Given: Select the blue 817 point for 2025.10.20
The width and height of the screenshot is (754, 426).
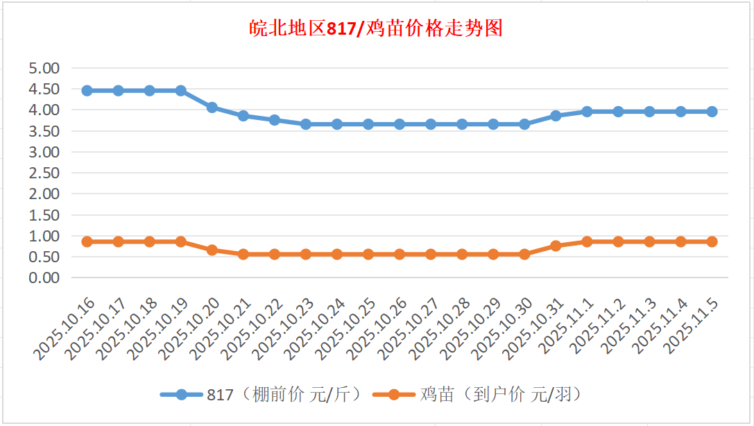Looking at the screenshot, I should (x=212, y=108).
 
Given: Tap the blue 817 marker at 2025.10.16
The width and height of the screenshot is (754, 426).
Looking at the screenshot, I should (x=87, y=91).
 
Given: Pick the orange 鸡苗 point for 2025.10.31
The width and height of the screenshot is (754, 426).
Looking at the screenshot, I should (x=556, y=246).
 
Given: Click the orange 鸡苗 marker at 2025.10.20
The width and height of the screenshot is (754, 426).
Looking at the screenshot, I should (x=212, y=250).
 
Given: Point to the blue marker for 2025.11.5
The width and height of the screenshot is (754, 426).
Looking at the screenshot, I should (x=712, y=112).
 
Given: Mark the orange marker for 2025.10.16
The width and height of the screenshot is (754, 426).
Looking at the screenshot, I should (x=87, y=241).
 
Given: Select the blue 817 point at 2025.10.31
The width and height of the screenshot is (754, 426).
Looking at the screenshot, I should (x=556, y=116).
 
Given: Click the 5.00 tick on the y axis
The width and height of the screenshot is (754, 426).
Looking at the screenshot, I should (x=44, y=68).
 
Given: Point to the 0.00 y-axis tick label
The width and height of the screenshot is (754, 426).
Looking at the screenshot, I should (x=44, y=278).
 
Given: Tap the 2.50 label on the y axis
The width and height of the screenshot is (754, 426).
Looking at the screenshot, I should (x=44, y=173).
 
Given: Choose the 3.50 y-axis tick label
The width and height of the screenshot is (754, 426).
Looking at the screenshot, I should (x=44, y=131).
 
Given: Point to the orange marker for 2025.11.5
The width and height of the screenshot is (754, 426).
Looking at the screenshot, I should (x=712, y=241).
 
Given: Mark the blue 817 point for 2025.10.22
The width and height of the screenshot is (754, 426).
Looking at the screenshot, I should (x=275, y=120).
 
